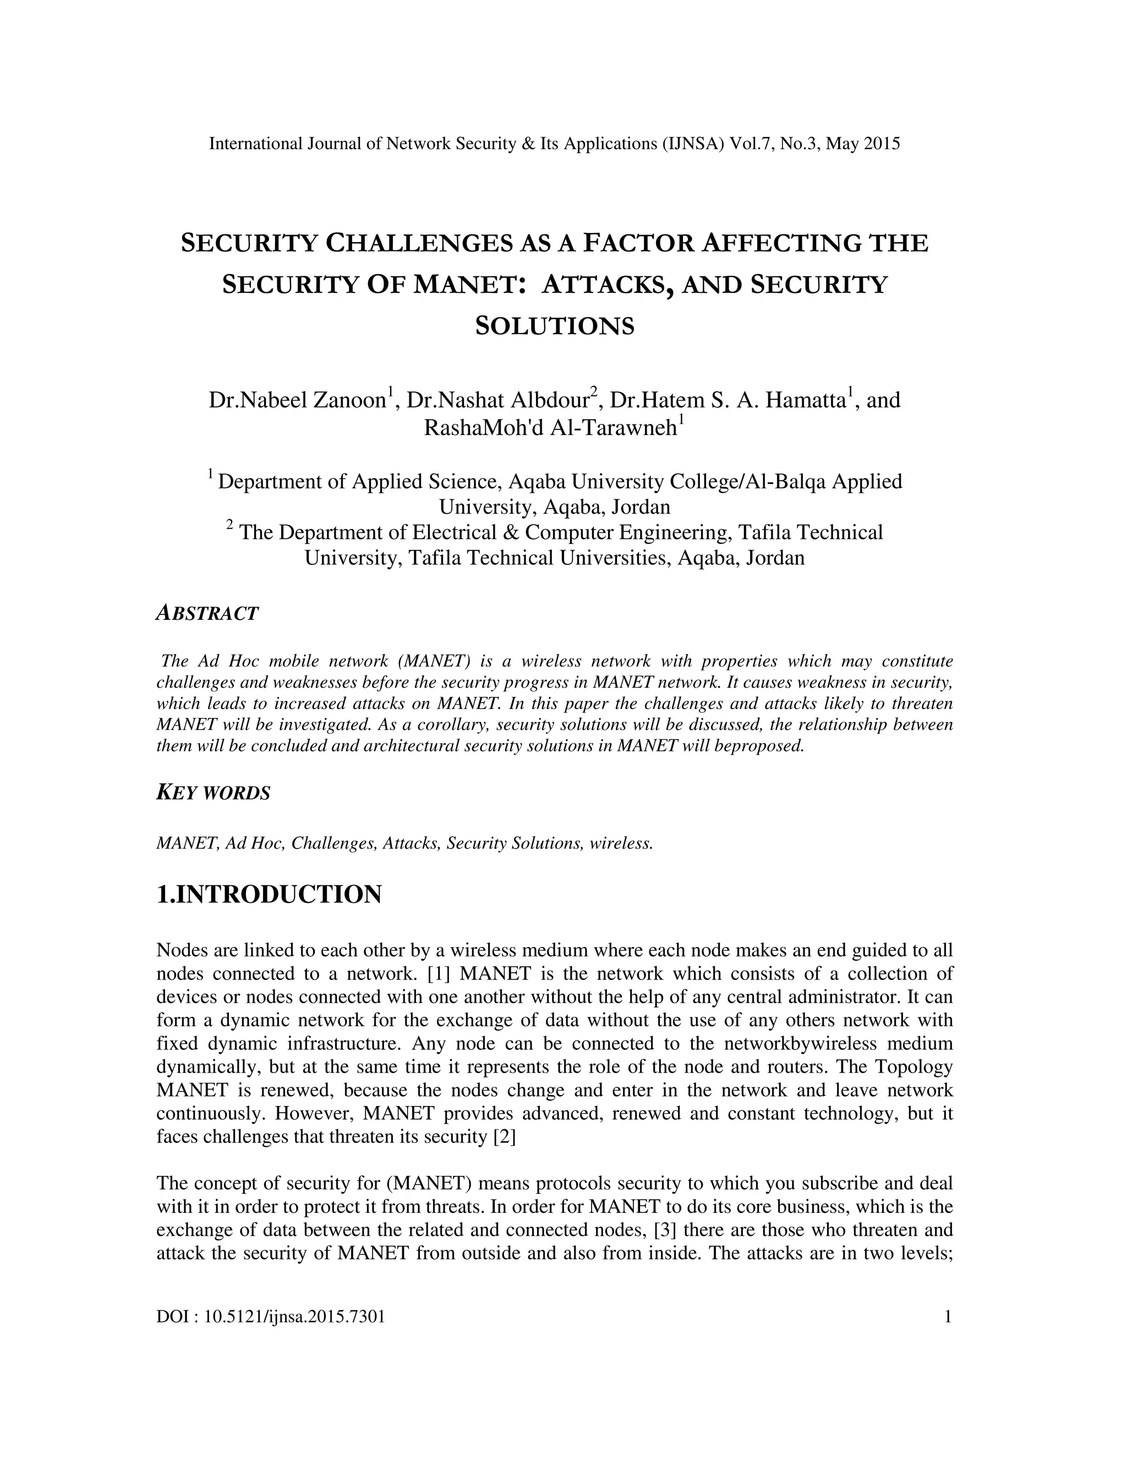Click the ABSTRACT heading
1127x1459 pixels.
tap(207, 613)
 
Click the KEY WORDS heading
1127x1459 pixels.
tap(213, 793)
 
